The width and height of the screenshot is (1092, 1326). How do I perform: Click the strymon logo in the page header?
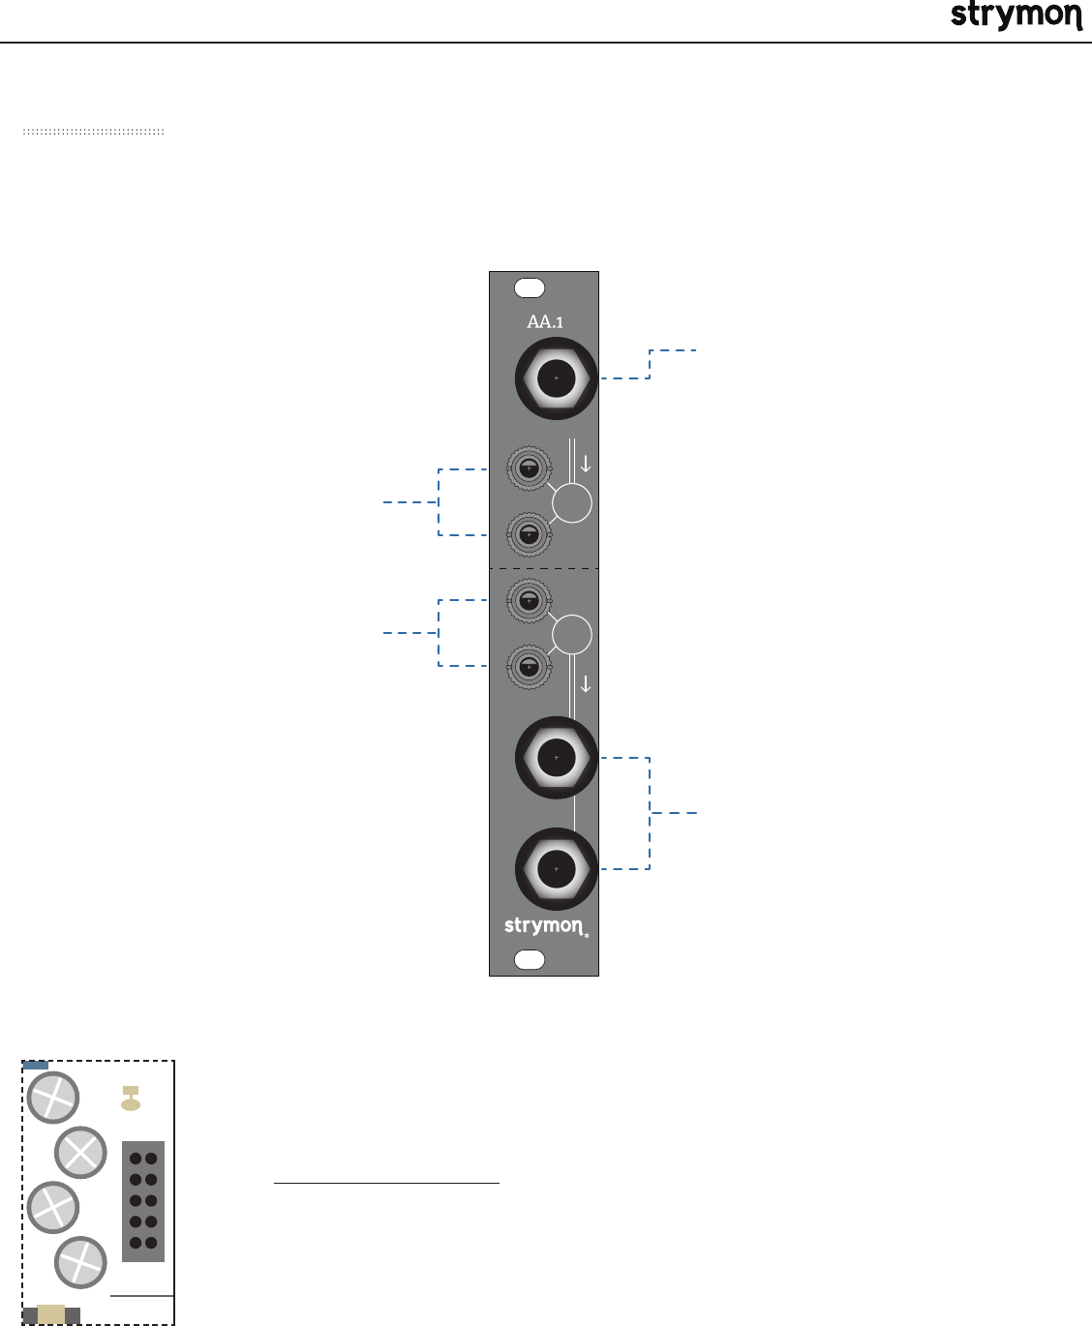coord(1016,15)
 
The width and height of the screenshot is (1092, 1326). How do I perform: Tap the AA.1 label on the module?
coord(545,322)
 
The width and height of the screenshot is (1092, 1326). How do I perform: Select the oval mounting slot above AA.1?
coord(530,288)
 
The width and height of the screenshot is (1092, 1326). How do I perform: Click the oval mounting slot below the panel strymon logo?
coord(530,959)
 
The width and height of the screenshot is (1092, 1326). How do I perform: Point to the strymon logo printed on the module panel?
coord(546,927)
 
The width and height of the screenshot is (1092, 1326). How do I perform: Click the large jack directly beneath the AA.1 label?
coord(556,378)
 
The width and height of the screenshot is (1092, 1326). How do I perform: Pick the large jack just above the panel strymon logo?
coord(556,869)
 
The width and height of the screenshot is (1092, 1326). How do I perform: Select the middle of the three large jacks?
coord(556,758)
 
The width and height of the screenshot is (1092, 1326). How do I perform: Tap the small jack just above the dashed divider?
coord(529,534)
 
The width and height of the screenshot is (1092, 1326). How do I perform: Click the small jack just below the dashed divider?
coord(529,600)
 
